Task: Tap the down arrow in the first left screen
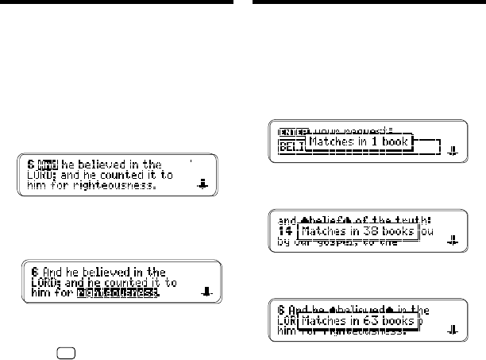pyautogui.click(x=202, y=184)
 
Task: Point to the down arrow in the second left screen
pyautogui.click(x=206, y=292)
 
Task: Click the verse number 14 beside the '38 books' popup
pyautogui.click(x=284, y=231)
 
